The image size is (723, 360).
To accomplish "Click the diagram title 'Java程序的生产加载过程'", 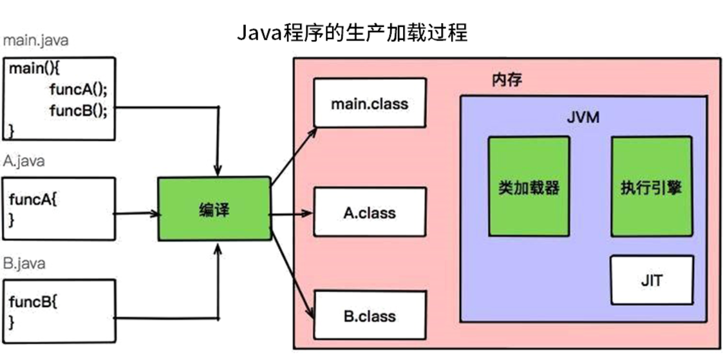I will tap(352, 33).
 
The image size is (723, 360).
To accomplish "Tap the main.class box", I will tap(370, 102).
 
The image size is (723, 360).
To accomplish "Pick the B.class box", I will tap(370, 316).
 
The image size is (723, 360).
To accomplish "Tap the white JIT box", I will tap(652, 280).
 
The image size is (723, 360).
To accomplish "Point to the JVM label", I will tap(583, 118).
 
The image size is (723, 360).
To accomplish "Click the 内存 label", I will tap(506, 80).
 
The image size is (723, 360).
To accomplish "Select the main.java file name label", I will tap(35, 40).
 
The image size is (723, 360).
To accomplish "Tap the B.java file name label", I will tap(24, 263).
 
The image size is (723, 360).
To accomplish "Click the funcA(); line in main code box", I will tap(78, 90).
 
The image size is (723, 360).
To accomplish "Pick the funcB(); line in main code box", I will tap(78, 109).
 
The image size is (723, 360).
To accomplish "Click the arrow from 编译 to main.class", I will tap(293, 155).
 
